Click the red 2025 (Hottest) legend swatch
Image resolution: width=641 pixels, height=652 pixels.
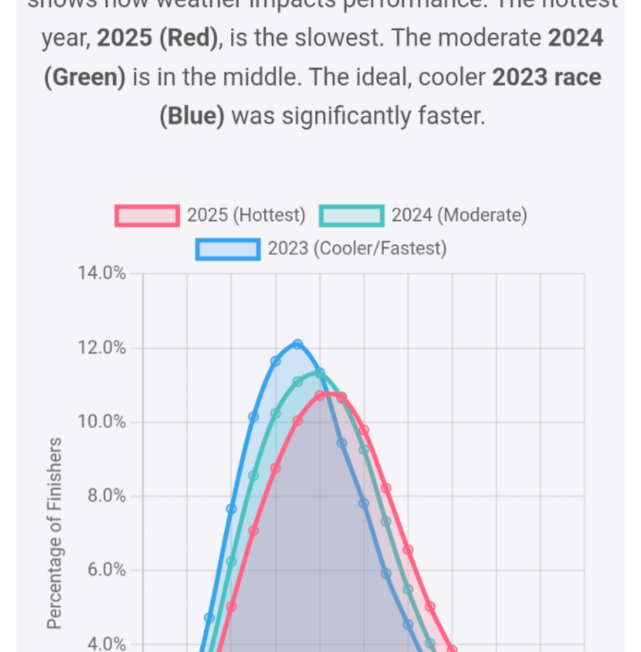pyautogui.click(x=146, y=216)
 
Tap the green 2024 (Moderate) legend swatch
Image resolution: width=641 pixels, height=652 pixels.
pyautogui.click(x=352, y=216)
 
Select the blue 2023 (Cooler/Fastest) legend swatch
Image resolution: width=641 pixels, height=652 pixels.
pyautogui.click(x=228, y=248)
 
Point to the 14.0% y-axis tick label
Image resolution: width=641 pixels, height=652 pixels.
pyautogui.click(x=101, y=274)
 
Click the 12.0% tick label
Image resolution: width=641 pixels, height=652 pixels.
pyautogui.click(x=101, y=348)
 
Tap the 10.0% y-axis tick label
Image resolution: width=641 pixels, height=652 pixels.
pyautogui.click(x=101, y=422)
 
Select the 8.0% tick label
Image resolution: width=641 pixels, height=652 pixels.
pyautogui.click(x=106, y=496)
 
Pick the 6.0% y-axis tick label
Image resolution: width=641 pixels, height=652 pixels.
pyautogui.click(x=106, y=570)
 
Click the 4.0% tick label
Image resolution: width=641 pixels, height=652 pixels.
pyautogui.click(x=106, y=644)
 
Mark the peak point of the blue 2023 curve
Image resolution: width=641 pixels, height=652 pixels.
pyautogui.click(x=298, y=344)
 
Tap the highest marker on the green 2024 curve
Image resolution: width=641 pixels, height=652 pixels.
pyautogui.click(x=320, y=372)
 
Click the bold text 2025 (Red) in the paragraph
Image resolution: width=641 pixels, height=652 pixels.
pyautogui.click(x=155, y=39)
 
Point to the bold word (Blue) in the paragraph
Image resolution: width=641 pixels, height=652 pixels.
pyautogui.click(x=191, y=117)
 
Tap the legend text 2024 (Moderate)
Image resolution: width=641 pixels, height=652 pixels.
pyautogui.click(x=459, y=216)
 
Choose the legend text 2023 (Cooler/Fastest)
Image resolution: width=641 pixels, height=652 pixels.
pyautogui.click(x=357, y=248)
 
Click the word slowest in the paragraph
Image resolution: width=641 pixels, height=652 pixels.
pyautogui.click(x=337, y=39)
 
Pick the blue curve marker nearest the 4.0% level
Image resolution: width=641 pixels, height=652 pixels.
pyautogui.click(x=209, y=618)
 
